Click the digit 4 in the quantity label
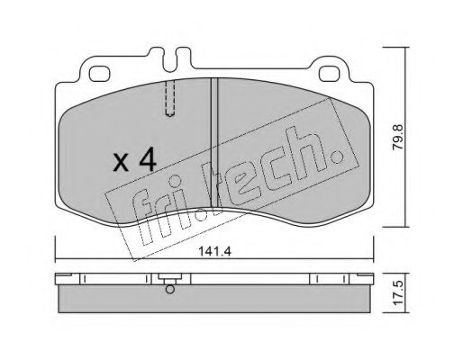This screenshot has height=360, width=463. point(148,161)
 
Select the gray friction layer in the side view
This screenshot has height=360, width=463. point(216,300)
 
